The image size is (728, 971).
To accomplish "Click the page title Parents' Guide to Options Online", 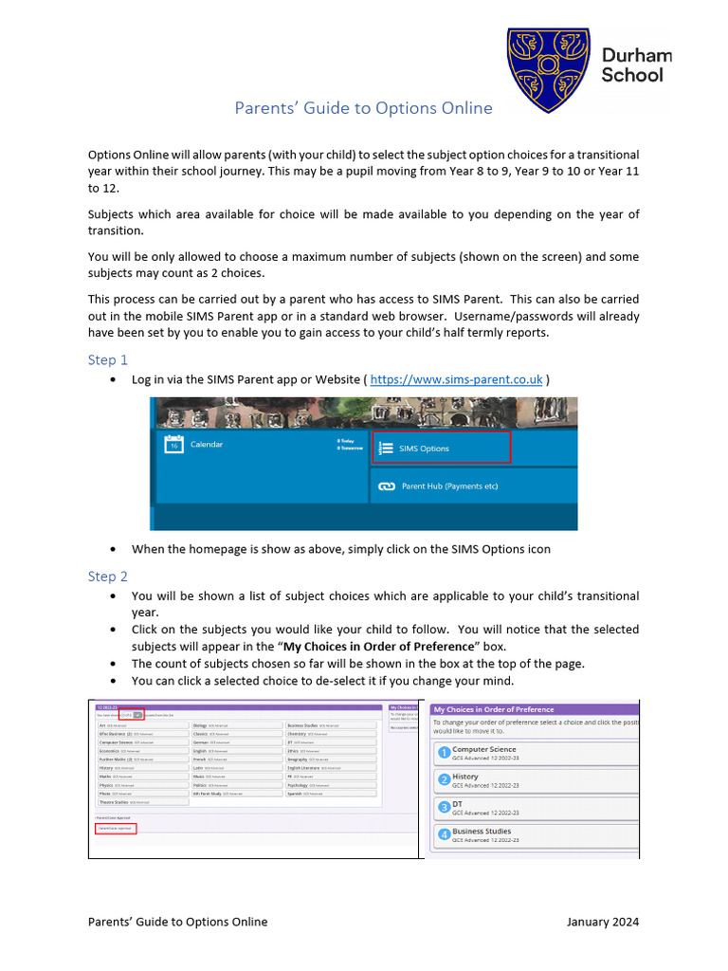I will [x=363, y=108].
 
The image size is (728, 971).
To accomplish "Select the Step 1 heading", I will [x=108, y=359].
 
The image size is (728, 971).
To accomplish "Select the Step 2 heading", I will [x=108, y=577].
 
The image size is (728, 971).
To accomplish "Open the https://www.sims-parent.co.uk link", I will [x=456, y=379].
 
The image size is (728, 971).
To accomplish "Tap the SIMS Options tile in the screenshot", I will [x=440, y=449].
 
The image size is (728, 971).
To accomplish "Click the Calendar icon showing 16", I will [x=173, y=444].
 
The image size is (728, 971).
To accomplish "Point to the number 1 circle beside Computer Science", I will [x=443, y=754].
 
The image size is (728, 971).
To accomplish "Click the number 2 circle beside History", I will [x=443, y=780].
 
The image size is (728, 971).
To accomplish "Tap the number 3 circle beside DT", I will [x=443, y=808].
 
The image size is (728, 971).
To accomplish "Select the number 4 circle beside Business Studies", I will [x=443, y=835].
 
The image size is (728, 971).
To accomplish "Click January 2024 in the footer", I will [x=603, y=922].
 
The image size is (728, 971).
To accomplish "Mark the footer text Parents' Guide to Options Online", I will [x=177, y=922].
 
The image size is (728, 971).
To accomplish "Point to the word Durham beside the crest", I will [x=636, y=56].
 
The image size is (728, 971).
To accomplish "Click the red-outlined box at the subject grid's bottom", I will [x=116, y=828].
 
